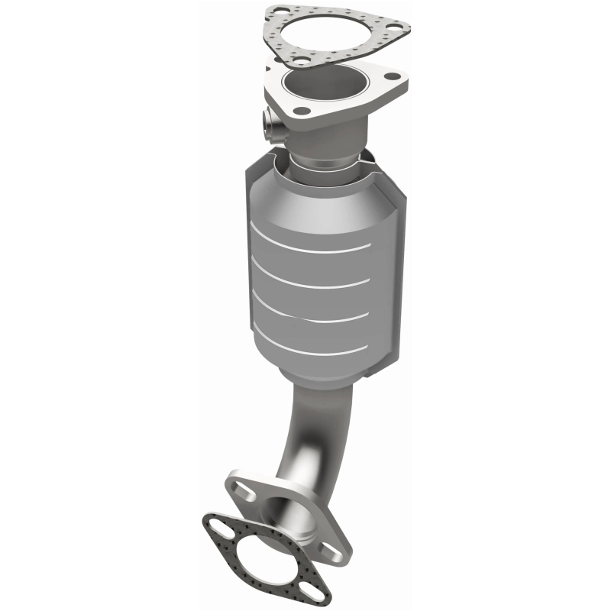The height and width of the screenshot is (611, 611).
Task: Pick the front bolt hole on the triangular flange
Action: (x=302, y=111)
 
